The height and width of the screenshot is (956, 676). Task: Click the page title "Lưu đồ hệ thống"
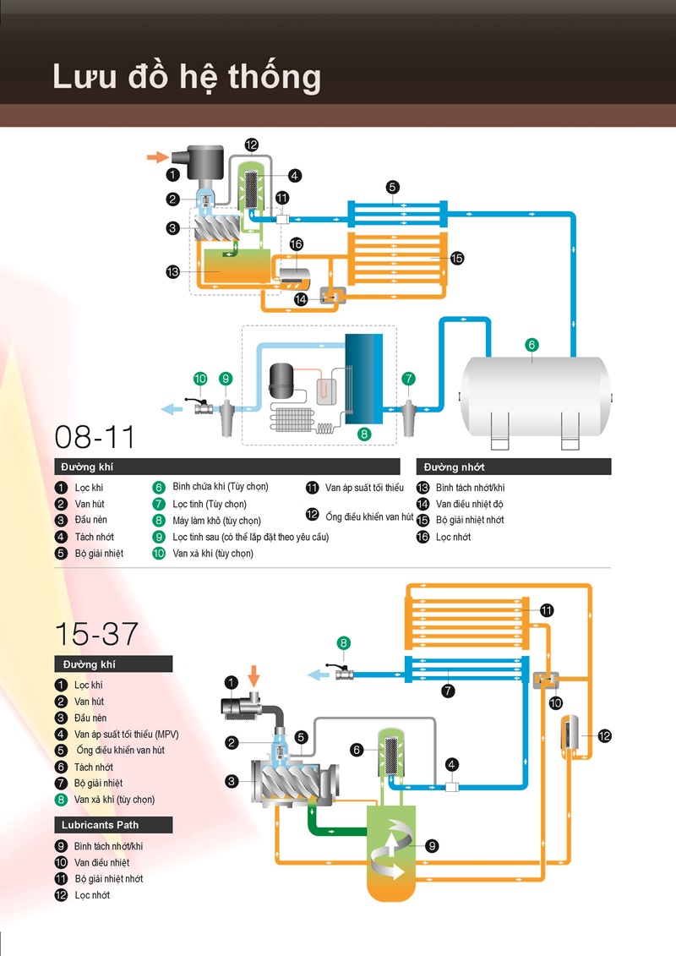pyautogui.click(x=187, y=76)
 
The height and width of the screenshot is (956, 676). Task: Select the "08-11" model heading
pyautogui.click(x=95, y=436)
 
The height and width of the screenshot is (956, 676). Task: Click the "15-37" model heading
pyautogui.click(x=95, y=634)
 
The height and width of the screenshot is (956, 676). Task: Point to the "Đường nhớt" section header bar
pyautogui.click(x=514, y=467)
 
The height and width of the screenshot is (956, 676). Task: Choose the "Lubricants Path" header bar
pyautogui.click(x=113, y=824)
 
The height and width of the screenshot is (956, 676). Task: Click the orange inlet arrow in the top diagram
pyautogui.click(x=156, y=156)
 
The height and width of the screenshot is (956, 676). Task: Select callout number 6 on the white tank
pyautogui.click(x=532, y=344)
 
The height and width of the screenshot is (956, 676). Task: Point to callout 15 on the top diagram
pyautogui.click(x=457, y=258)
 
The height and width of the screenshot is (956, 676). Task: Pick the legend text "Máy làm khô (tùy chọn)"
pyautogui.click(x=216, y=521)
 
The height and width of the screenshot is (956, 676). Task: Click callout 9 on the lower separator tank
pyautogui.click(x=432, y=845)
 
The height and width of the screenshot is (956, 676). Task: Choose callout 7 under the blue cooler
pyautogui.click(x=449, y=691)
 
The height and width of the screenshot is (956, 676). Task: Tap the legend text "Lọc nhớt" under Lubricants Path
pyautogui.click(x=92, y=895)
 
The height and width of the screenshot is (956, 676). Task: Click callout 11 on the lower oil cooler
pyautogui.click(x=547, y=609)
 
